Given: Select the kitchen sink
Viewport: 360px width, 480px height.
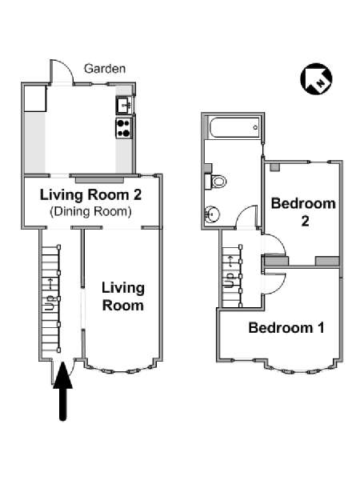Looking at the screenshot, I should point(124,105).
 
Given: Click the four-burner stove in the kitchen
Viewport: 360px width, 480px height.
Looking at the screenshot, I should point(124,128).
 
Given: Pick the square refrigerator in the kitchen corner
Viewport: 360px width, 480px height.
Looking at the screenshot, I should point(35,98).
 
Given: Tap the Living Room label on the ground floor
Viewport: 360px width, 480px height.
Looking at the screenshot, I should point(122,296).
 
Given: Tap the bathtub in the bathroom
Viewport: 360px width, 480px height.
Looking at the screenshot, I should point(233,127).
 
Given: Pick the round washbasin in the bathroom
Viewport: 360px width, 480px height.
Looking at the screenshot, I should point(212,214).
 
